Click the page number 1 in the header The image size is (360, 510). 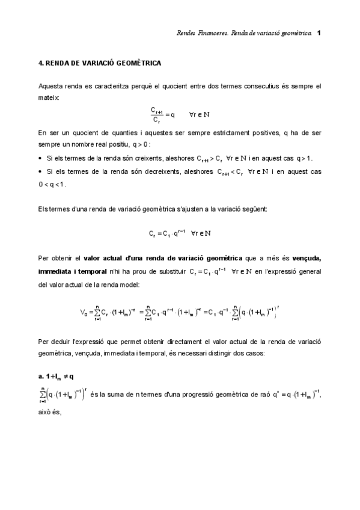tap(319, 32)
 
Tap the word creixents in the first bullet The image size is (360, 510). tap(150, 158)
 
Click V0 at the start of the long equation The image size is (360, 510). tap(84, 312)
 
